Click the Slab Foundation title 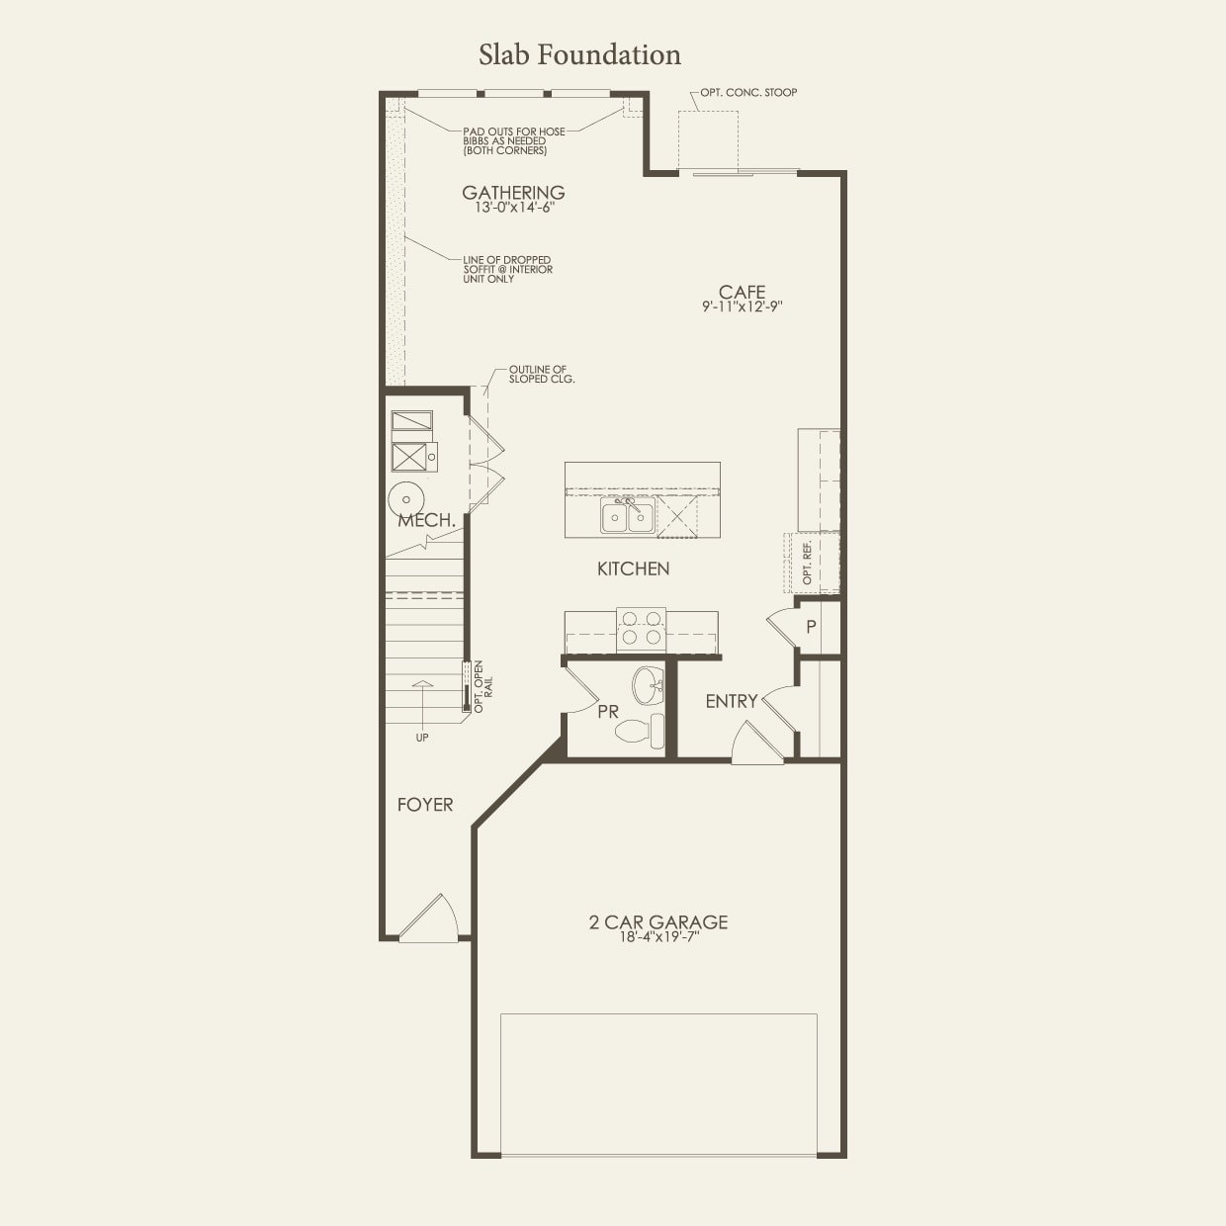pos(579,54)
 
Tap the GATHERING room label pos(513,193)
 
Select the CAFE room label pos(742,292)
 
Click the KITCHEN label pos(633,569)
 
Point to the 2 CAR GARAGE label pos(658,921)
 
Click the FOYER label pos(425,805)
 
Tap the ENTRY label pos(731,701)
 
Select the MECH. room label pos(427,520)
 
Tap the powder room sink pos(648,684)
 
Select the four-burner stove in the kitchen pos(641,629)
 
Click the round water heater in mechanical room pos(405,499)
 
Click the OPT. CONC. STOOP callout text pos(748,92)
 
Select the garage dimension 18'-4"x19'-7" pos(658,937)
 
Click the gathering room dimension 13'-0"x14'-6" pos(513,208)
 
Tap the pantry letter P pos(811,627)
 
